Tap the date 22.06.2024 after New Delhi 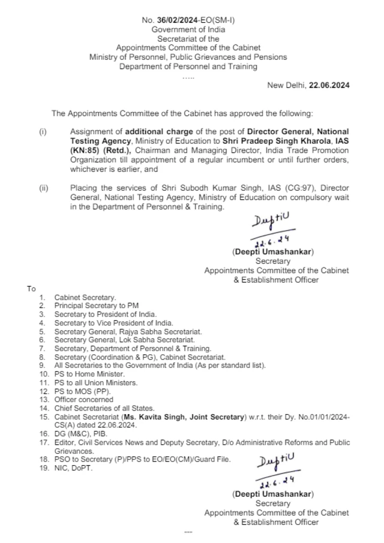pyautogui.click(x=329, y=85)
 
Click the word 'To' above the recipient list pyautogui.click(x=32, y=288)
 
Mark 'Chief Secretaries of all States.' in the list pyautogui.click(x=104, y=408)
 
